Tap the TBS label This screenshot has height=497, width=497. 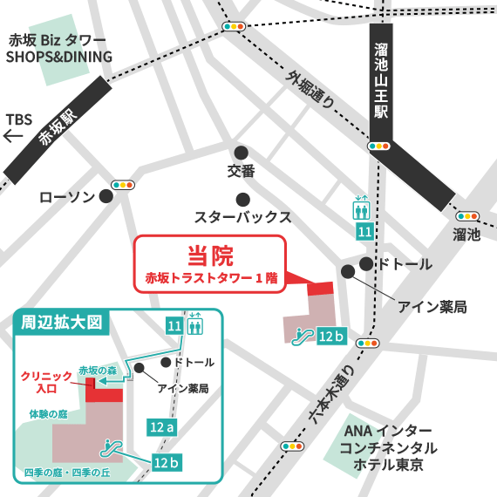point(19,119)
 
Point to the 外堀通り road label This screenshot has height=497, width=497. point(311,89)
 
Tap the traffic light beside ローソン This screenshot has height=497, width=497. point(121,185)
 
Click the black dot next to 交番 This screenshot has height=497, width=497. point(242,151)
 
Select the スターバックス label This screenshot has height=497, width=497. point(242,216)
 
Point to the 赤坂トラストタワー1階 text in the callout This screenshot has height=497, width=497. point(210,279)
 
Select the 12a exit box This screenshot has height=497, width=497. point(162,427)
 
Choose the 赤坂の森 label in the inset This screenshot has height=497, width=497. point(98,370)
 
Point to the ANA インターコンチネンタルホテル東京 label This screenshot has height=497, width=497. point(388,447)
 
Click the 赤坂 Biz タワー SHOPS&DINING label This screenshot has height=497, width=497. point(59,49)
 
